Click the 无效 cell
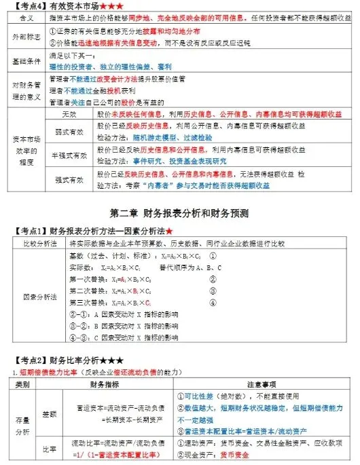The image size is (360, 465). point(69,112)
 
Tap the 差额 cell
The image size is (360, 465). point(50,412)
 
